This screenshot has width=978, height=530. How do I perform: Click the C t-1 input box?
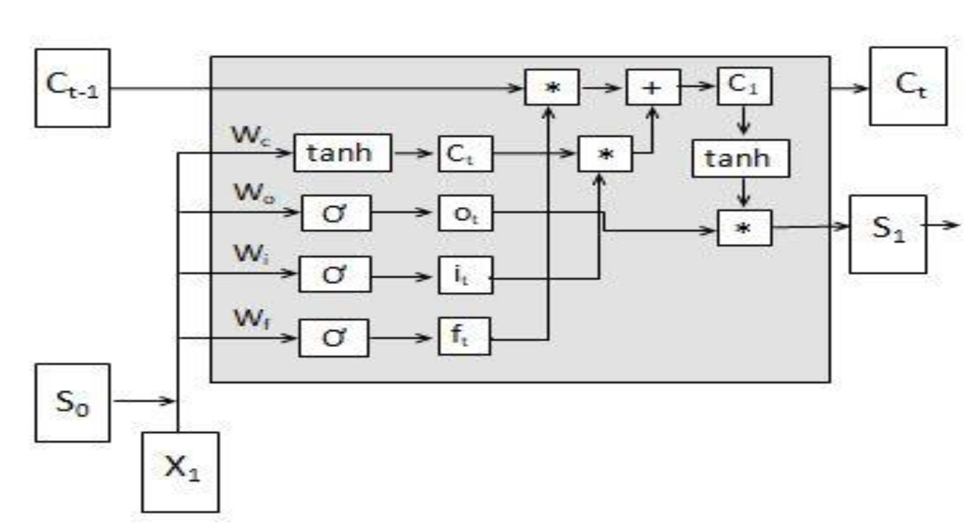(73, 88)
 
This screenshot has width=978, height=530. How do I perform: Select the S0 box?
(73, 403)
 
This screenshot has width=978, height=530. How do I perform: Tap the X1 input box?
(180, 472)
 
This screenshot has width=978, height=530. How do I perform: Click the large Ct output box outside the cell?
(908, 86)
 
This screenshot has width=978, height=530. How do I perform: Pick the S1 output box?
(888, 234)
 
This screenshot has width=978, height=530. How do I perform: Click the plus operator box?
(653, 87)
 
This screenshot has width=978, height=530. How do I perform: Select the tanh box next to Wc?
(342, 153)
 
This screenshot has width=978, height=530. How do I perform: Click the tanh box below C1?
(740, 158)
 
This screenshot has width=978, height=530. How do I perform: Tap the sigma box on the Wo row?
(336, 213)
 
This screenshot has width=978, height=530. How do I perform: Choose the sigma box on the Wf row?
(334, 338)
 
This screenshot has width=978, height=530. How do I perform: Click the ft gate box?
(464, 336)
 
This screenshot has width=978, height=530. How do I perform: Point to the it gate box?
(465, 275)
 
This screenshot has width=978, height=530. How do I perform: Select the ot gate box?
(465, 213)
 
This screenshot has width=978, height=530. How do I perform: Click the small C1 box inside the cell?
(744, 86)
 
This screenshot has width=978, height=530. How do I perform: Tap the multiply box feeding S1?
(744, 228)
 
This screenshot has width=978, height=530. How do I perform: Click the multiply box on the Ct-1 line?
(552, 87)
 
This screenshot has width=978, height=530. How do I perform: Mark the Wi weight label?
(251, 254)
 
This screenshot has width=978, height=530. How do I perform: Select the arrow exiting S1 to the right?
(942, 225)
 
